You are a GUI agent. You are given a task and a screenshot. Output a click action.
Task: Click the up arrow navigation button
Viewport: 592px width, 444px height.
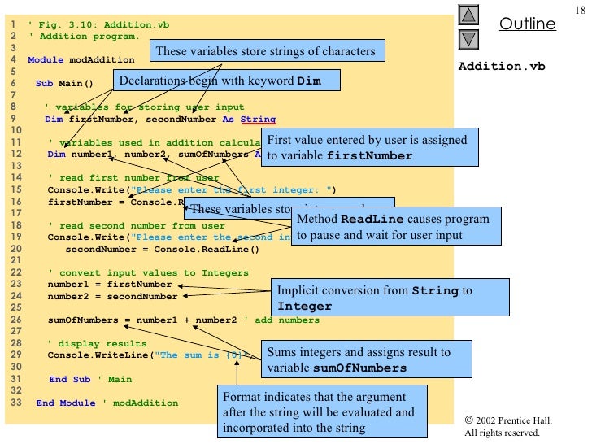click(x=470, y=15)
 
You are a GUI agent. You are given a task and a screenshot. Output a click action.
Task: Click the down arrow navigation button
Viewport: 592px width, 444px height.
click(x=470, y=39)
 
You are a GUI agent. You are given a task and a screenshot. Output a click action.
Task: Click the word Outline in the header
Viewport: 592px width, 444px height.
click(x=528, y=24)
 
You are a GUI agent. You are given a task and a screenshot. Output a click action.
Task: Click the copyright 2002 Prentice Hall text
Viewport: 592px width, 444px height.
click(x=508, y=420)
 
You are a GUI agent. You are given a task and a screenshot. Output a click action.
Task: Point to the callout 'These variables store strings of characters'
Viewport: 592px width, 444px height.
click(x=265, y=52)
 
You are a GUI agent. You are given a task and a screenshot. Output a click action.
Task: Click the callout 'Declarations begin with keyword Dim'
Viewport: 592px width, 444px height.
click(x=228, y=81)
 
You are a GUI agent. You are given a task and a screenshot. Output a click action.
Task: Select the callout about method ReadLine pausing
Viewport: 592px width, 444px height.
click(x=394, y=228)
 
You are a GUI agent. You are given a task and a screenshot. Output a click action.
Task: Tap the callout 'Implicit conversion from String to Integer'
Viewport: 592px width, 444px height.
click(x=390, y=298)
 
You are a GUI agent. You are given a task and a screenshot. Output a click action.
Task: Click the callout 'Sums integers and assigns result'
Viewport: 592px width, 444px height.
click(x=369, y=360)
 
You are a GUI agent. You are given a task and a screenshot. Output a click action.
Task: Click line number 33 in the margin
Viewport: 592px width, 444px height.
click(x=13, y=403)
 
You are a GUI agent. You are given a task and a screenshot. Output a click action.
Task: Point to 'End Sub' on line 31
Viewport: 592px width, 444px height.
click(x=70, y=379)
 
